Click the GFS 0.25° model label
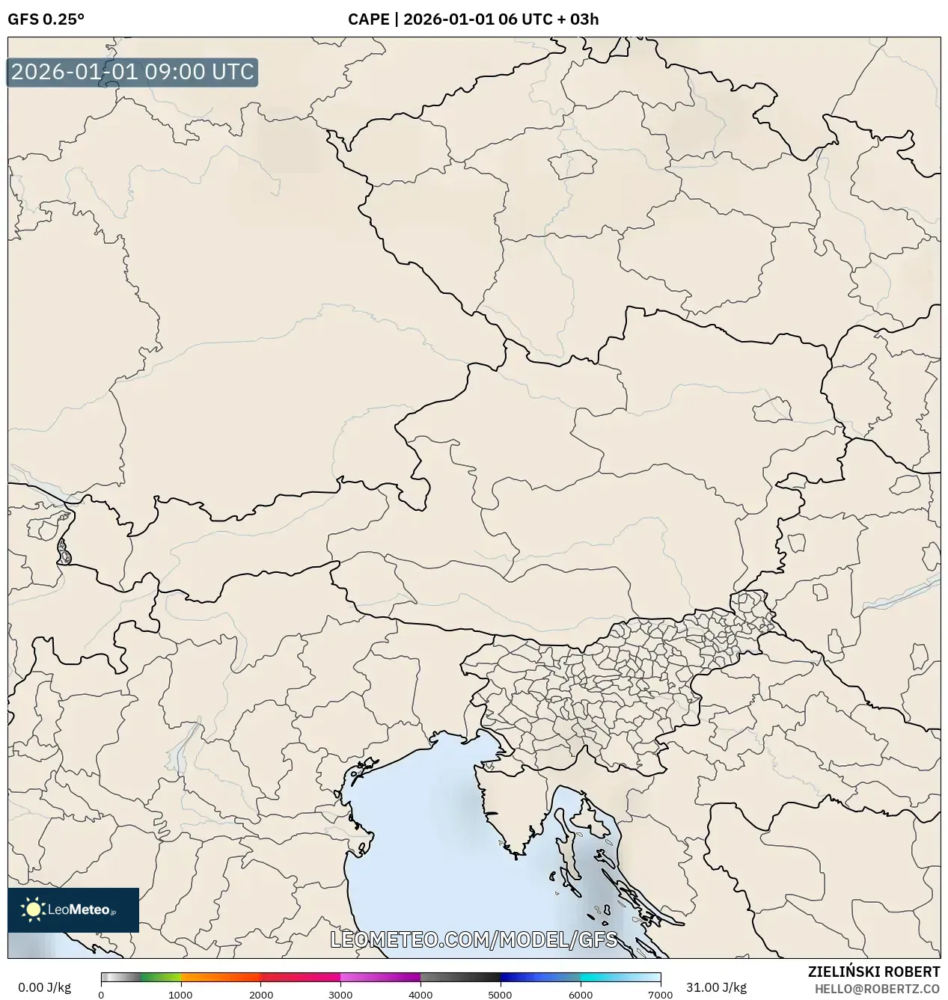(x=46, y=19)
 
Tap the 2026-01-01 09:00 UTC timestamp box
(x=132, y=73)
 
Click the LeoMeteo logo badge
(x=73, y=909)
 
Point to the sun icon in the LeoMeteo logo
(x=33, y=909)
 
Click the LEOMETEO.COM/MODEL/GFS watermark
(x=474, y=939)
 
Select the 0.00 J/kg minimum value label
(x=44, y=987)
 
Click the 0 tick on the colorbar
(x=101, y=995)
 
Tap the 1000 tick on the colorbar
(x=180, y=995)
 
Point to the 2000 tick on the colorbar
(x=260, y=995)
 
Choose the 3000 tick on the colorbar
(x=340, y=995)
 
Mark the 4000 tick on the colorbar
(x=421, y=995)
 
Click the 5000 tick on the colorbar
(x=501, y=995)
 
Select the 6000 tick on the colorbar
(x=581, y=995)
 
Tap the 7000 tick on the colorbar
(x=660, y=995)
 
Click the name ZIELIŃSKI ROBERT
(x=874, y=972)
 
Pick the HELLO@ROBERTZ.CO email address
(x=877, y=989)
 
